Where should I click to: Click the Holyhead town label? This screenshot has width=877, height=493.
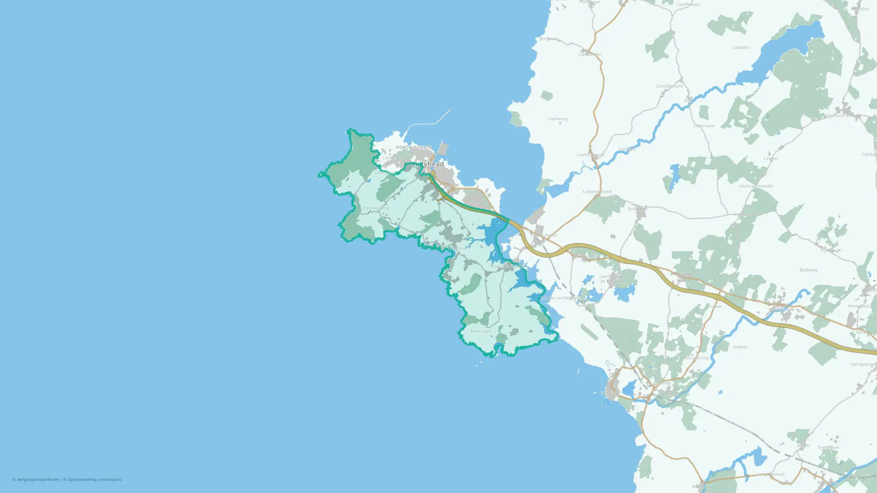point(428,164)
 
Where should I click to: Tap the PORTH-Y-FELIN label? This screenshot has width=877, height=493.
point(414,148)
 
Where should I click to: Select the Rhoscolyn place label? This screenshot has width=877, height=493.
point(481,331)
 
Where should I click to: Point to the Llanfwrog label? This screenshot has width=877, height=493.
point(558,119)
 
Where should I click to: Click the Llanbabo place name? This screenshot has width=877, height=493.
point(741,47)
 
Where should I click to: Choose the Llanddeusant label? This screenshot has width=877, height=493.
point(669,86)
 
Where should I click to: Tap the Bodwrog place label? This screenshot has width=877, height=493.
point(808,270)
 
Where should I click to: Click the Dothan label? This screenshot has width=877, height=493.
point(740,347)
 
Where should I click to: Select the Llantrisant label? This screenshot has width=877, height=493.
point(703,126)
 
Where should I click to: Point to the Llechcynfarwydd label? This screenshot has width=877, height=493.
point(756,186)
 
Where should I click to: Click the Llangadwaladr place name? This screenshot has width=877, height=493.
point(770,474)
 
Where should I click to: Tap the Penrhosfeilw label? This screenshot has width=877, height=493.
point(376,208)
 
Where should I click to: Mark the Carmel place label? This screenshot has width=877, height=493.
point(770,158)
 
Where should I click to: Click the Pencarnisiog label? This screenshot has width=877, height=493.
point(695,358)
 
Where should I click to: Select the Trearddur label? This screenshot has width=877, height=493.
point(457,248)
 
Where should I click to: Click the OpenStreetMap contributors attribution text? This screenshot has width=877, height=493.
point(94,480)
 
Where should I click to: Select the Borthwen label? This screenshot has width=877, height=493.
point(549,39)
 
